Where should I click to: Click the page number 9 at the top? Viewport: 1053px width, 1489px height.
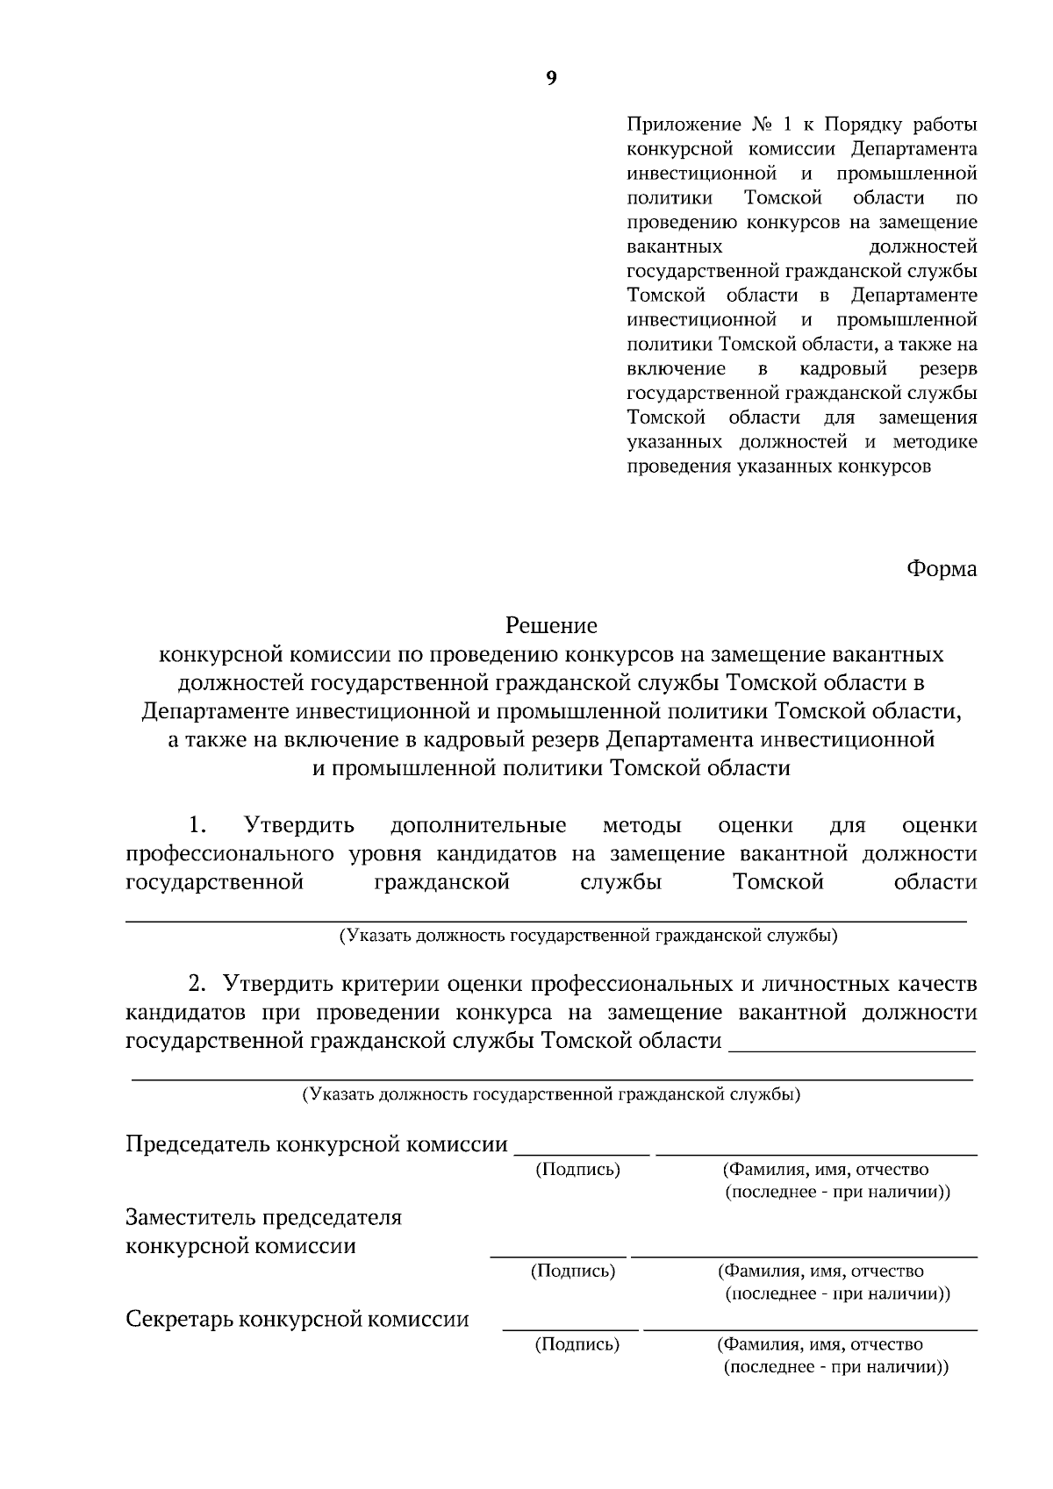pos(551,79)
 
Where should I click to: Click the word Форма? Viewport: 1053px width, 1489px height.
pos(941,569)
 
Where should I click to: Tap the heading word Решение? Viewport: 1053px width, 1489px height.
pos(551,625)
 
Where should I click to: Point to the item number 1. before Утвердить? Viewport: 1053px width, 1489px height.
pos(197,825)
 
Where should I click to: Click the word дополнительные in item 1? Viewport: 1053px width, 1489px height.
pos(478,825)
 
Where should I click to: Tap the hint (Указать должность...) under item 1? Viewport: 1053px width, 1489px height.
pos(588,936)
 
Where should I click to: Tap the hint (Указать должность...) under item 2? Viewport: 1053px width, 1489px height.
pos(550,1094)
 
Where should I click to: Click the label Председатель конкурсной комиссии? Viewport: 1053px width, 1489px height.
pos(317,1144)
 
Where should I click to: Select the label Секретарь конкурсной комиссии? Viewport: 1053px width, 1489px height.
pos(297,1320)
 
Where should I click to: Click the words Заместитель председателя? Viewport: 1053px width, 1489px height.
pos(263,1218)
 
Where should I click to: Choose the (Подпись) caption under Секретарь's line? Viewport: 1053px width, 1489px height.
pos(577,1344)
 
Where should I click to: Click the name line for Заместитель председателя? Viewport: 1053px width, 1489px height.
pos(804,1257)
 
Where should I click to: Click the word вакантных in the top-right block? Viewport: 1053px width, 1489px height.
pos(675,246)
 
